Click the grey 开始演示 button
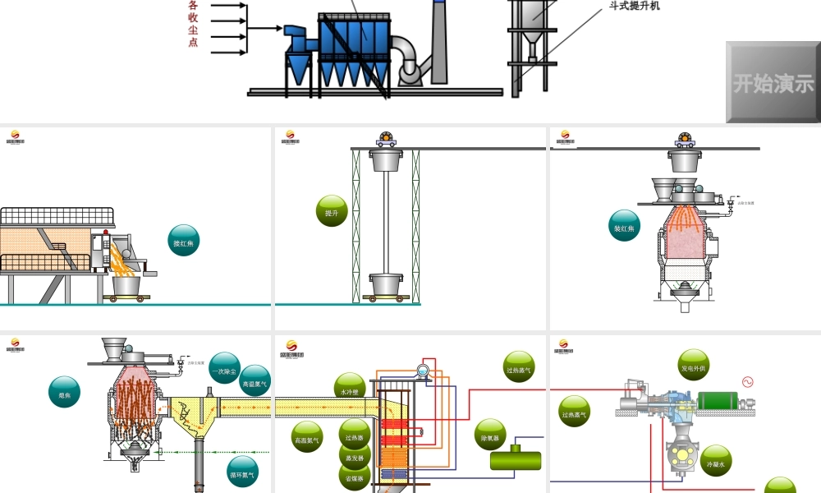click(x=773, y=83)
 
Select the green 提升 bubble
click(x=332, y=211)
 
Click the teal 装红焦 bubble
click(x=625, y=227)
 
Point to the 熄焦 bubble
click(x=65, y=392)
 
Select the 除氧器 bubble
click(x=490, y=435)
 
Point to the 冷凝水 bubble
click(x=715, y=461)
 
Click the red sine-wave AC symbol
click(x=747, y=382)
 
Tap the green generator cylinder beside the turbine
click(x=726, y=401)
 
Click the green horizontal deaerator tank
click(x=516, y=458)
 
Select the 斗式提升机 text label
click(x=635, y=7)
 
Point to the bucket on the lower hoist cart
click(x=386, y=283)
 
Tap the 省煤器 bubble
click(x=355, y=477)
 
